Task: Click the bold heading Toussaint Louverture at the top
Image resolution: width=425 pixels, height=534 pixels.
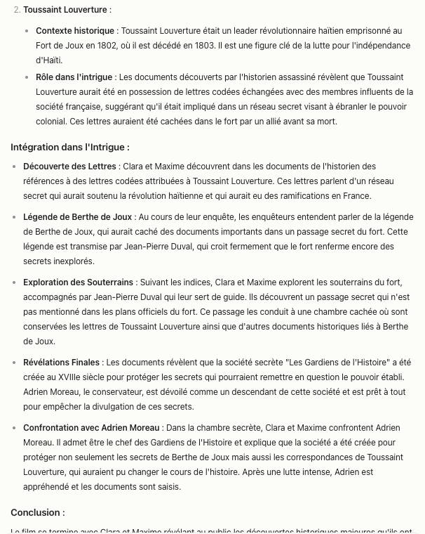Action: click(66, 11)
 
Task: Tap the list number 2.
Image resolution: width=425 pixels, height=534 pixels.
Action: click(17, 11)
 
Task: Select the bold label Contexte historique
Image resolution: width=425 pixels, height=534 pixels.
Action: click(75, 31)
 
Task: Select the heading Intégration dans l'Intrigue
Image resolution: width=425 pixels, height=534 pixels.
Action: click(70, 147)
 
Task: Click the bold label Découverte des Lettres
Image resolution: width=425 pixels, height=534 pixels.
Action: click(69, 167)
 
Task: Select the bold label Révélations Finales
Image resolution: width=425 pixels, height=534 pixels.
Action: click(61, 363)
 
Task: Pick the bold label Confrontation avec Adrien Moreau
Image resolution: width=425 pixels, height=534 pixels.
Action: click(92, 427)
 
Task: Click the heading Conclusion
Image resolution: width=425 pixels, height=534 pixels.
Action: click(37, 512)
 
